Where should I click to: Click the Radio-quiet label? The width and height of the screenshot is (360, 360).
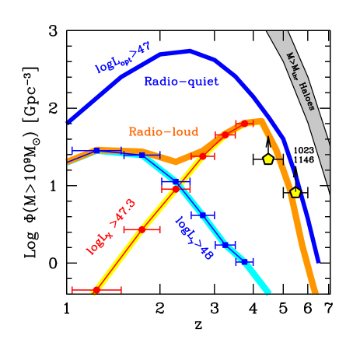click(x=181, y=82)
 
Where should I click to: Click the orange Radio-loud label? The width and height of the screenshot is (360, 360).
click(x=163, y=132)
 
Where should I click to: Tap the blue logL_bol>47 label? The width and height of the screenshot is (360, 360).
click(x=123, y=58)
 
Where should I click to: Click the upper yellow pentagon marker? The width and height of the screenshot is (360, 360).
click(x=268, y=159)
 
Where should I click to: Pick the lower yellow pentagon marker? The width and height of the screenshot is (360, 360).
click(x=295, y=192)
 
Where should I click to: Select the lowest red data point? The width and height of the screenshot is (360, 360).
click(x=96, y=290)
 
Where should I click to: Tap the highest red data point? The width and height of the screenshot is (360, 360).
click(x=244, y=123)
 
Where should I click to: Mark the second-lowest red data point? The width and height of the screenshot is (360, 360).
click(x=142, y=229)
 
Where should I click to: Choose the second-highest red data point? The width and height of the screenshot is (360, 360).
click(x=225, y=135)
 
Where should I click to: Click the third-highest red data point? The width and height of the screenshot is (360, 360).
click(x=203, y=156)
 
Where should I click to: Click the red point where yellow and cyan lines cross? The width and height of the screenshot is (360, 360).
click(x=176, y=188)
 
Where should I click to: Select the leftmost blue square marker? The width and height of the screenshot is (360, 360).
click(x=96, y=150)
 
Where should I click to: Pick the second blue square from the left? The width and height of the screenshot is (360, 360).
click(x=142, y=156)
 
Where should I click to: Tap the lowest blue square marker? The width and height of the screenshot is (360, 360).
click(x=245, y=262)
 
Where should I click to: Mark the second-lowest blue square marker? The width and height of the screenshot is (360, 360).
click(x=225, y=245)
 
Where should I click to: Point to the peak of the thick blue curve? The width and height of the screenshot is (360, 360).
click(x=189, y=51)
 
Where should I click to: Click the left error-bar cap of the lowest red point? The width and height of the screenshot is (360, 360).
click(x=72, y=290)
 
